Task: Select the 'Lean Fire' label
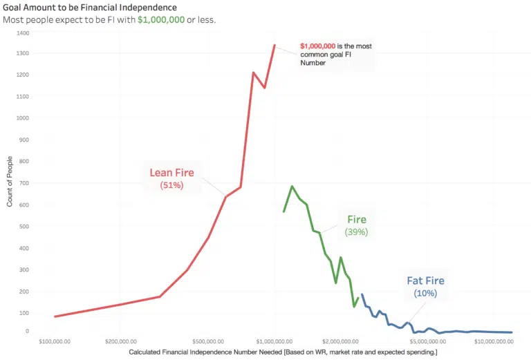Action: [171, 172]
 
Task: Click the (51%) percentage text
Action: [171, 186]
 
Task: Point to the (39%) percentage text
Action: [356, 233]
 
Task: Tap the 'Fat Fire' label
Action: [425, 281]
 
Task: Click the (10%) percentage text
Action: [425, 294]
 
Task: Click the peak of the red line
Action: [274, 45]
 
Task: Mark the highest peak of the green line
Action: [292, 186]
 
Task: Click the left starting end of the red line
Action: [55, 316]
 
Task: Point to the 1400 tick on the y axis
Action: [23, 32]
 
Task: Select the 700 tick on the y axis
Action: [24, 182]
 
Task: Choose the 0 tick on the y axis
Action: [27, 331]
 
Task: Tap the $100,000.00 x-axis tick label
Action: [55, 341]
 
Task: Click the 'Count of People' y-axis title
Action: [10, 182]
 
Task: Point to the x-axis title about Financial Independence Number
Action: [277, 353]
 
